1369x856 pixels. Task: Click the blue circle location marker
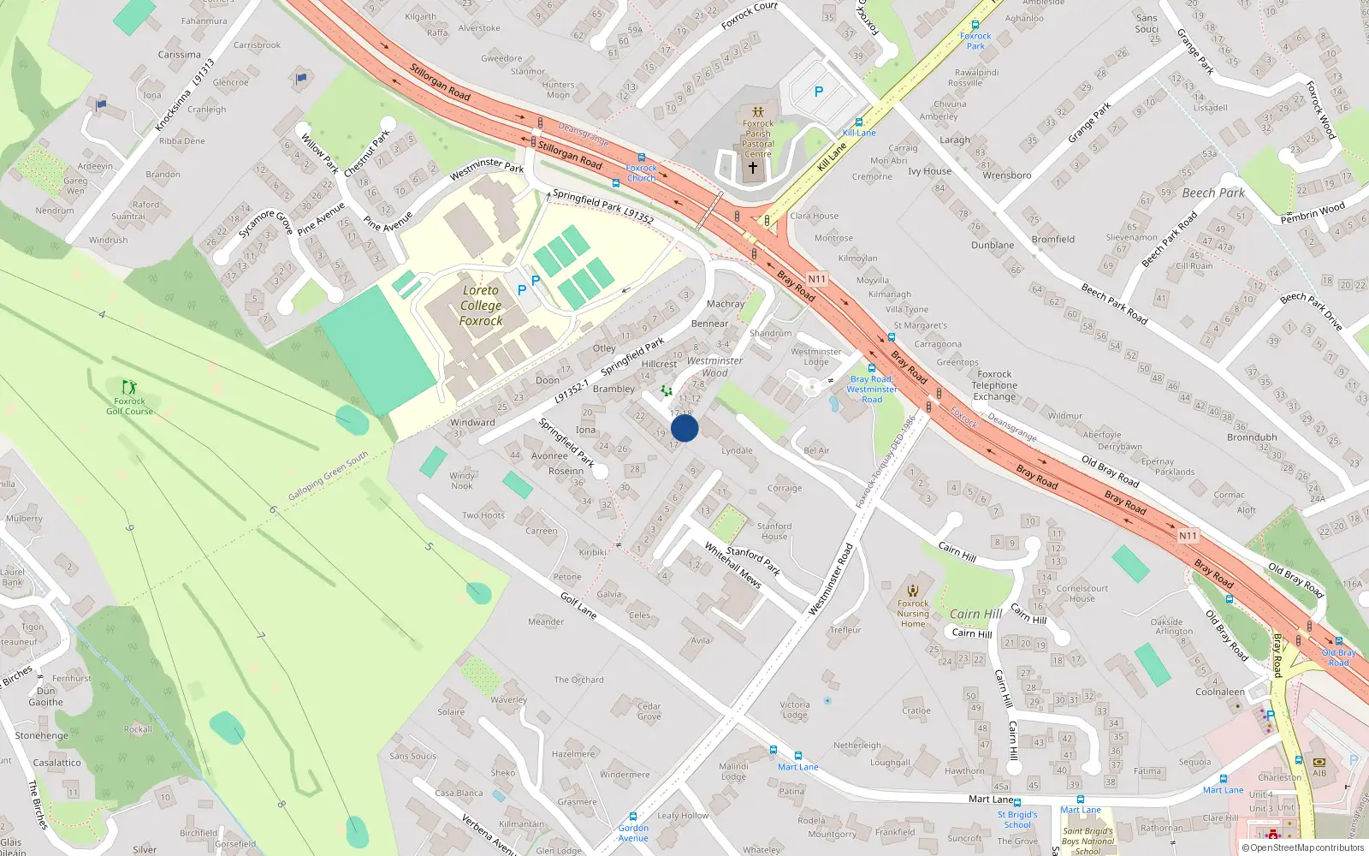pyautogui.click(x=684, y=428)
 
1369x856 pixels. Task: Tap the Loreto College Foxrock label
pyautogui.click(x=481, y=306)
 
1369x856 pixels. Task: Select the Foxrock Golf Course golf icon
pyautogui.click(x=129, y=388)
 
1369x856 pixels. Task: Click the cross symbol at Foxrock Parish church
pyautogui.click(x=753, y=168)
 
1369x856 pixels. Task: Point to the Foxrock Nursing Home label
pyautogui.click(x=913, y=613)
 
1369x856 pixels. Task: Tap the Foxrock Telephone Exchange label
pyautogui.click(x=994, y=385)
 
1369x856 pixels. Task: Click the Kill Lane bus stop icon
pyautogui.click(x=859, y=122)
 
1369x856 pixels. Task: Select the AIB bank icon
pyautogui.click(x=1319, y=761)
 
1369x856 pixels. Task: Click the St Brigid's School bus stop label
pyautogui.click(x=1017, y=819)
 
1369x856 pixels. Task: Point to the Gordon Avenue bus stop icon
pyautogui.click(x=633, y=817)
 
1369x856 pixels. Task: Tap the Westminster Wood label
pyautogui.click(x=714, y=366)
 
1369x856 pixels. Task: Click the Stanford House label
pyautogui.click(x=774, y=532)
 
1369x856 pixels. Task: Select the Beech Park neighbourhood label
pyautogui.click(x=1213, y=193)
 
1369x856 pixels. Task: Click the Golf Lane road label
pyautogui.click(x=578, y=605)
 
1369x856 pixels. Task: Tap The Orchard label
pyautogui.click(x=578, y=680)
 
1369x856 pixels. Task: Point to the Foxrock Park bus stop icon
pyautogui.click(x=975, y=25)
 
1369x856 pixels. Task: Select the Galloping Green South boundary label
pyautogui.click(x=328, y=476)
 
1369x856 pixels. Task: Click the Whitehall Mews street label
pyautogui.click(x=732, y=565)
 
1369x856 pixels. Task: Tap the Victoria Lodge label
pyautogui.click(x=794, y=710)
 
